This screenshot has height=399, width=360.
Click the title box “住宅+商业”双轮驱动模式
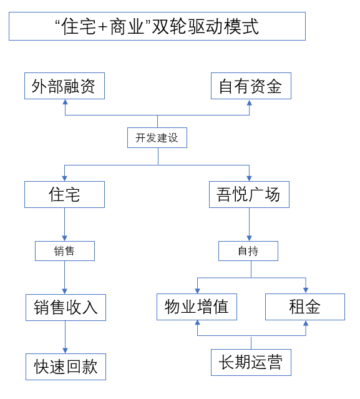pyautogui.click(x=157, y=26)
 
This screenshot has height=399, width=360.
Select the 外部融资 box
pyautogui.click(x=65, y=86)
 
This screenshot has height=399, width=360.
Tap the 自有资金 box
pyautogui.click(x=251, y=86)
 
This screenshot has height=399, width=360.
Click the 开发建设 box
pyautogui.click(x=157, y=137)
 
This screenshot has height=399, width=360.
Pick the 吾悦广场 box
pyautogui.click(x=249, y=194)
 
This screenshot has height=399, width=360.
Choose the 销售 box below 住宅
pyautogui.click(x=65, y=251)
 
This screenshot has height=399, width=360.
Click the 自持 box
pyautogui.click(x=248, y=251)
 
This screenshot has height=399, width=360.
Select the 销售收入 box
pyautogui.click(x=66, y=307)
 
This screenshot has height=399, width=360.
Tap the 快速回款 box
pyautogui.click(x=66, y=367)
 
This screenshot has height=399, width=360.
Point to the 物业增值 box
pyautogui.click(x=197, y=307)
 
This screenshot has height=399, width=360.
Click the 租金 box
pyautogui.click(x=305, y=307)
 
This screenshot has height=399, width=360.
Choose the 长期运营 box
pyautogui.click(x=251, y=362)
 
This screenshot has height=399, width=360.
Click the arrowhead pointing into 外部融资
pyautogui.click(x=66, y=102)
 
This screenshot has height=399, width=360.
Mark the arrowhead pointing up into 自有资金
pyautogui.click(x=250, y=102)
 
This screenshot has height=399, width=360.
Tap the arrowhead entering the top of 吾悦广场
pyautogui.click(x=249, y=179)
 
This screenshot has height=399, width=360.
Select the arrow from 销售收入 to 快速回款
pyautogui.click(x=65, y=337)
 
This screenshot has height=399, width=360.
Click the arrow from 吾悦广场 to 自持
pyautogui.click(x=249, y=224)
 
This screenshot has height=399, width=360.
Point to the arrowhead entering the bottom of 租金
pyautogui.click(x=306, y=323)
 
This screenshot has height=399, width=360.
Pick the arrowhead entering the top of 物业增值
pyautogui.click(x=198, y=291)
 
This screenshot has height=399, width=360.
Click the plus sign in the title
pyautogui.click(x=103, y=27)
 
